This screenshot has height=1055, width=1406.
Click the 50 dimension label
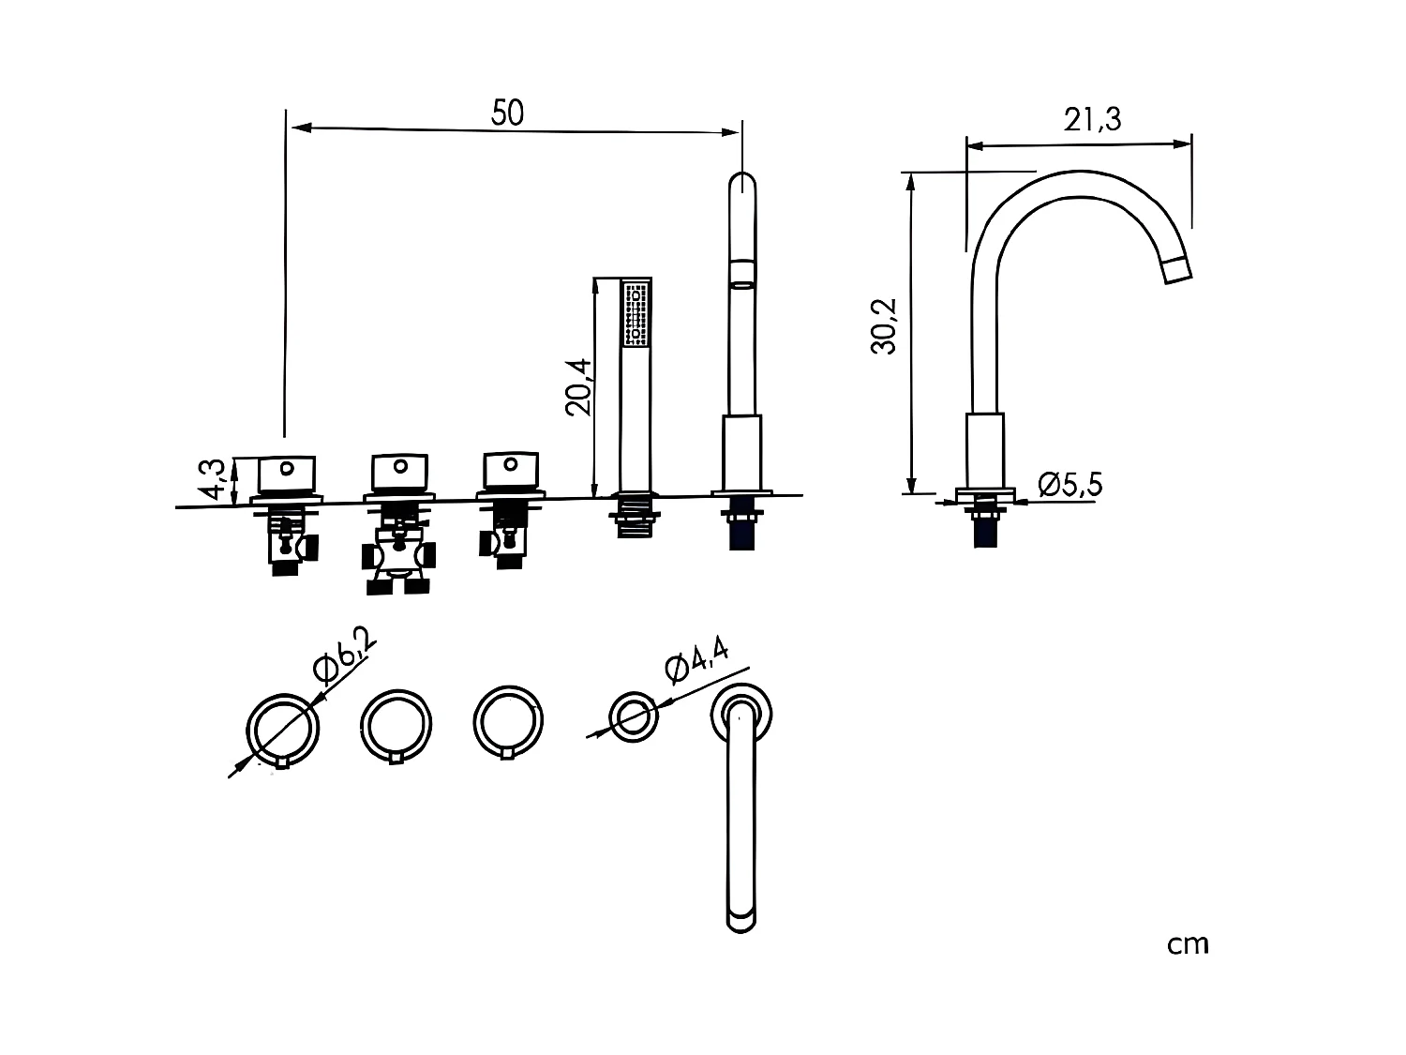pyautogui.click(x=508, y=113)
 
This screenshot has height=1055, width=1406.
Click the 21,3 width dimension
pyautogui.click(x=1092, y=120)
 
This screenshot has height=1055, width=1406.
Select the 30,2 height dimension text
pyautogui.click(x=884, y=325)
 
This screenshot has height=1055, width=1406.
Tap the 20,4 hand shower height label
pyautogui.click(x=578, y=385)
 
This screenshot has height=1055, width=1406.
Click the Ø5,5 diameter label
pyautogui.click(x=1070, y=485)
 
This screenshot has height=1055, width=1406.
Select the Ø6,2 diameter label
pyautogui.click(x=345, y=655)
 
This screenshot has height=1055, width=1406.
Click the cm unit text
pyautogui.click(x=1188, y=944)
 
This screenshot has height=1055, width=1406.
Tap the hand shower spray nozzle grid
pyautogui.click(x=636, y=313)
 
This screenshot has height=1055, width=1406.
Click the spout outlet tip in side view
pyautogui.click(x=1177, y=270)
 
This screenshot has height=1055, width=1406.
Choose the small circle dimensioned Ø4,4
pyautogui.click(x=634, y=718)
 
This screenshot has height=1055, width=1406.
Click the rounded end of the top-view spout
pyautogui.click(x=741, y=917)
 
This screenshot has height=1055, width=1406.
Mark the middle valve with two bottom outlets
pyautogui.click(x=398, y=557)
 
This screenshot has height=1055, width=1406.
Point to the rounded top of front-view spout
pyautogui.click(x=742, y=184)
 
